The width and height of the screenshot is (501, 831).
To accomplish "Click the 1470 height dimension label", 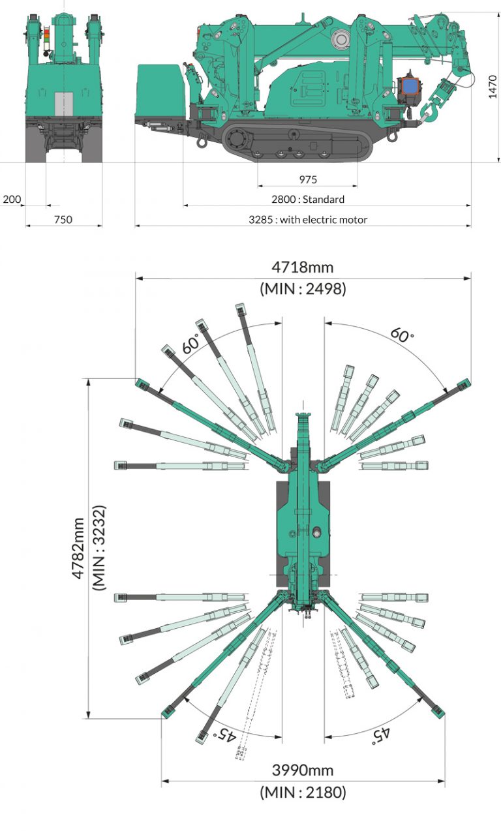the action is coord(493,87).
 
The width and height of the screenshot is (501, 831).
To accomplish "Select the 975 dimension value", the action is coord(308,179).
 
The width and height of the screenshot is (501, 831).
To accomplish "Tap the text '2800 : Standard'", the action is coord(308,200).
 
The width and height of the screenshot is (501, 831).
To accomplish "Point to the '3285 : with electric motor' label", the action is coord(308,220).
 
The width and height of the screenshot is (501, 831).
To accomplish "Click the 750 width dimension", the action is coord(63,220).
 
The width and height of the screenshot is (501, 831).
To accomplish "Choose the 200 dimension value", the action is coord(12,200).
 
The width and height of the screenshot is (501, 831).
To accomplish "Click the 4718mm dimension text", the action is coord(303,267).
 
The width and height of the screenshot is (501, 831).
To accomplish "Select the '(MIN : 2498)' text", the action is coord(303,288).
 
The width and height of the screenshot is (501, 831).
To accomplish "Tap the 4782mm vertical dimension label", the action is coord(78,549).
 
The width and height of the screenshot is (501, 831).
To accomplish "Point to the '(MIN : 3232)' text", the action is coord(99,548).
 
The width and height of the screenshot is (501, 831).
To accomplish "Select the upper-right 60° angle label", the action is coord(402,335).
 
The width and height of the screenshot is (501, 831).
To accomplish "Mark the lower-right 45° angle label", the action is coord(381,734).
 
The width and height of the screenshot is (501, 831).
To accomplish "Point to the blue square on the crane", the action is coord(410,87).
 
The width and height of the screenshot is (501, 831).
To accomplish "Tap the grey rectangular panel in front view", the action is coord(64,104).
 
